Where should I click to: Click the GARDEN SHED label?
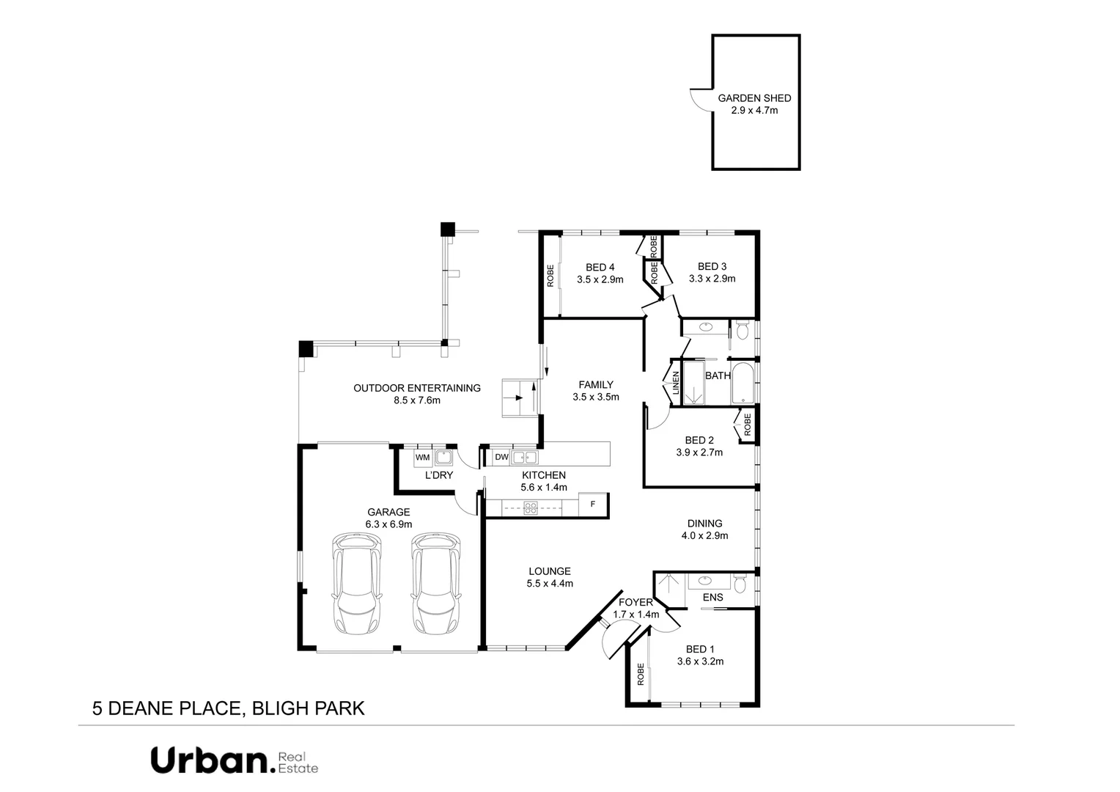[754, 98]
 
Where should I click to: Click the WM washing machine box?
[423, 458]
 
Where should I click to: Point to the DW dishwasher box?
[501, 458]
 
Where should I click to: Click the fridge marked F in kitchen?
[593, 505]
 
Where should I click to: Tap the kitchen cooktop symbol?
[530, 506]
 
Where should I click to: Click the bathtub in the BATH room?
[743, 383]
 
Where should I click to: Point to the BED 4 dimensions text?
[600, 279]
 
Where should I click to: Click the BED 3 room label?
[712, 266]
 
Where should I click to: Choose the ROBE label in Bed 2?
[747, 425]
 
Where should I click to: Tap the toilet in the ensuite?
[740, 584]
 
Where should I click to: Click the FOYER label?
[635, 603]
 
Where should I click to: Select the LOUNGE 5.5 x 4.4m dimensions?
[549, 584]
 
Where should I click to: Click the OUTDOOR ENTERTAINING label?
[416, 388]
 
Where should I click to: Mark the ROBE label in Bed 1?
[641, 673]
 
